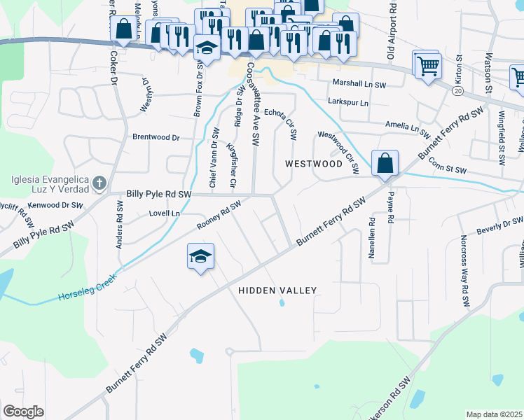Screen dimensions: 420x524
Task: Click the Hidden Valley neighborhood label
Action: tap(277, 290)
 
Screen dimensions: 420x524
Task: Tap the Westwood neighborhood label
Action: tap(313, 164)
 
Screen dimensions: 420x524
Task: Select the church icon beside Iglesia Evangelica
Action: tap(99, 183)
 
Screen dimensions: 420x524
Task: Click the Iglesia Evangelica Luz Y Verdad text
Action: tap(50, 183)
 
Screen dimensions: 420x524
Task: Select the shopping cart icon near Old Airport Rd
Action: tap(427, 66)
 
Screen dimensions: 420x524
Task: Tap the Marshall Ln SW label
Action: tap(359, 83)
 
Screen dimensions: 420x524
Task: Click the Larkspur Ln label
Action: tap(348, 102)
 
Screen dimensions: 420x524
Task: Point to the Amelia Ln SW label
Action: tap(406, 125)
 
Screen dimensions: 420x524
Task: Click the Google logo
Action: tap(23, 412)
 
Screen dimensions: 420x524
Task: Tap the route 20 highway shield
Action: tap(457, 91)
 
